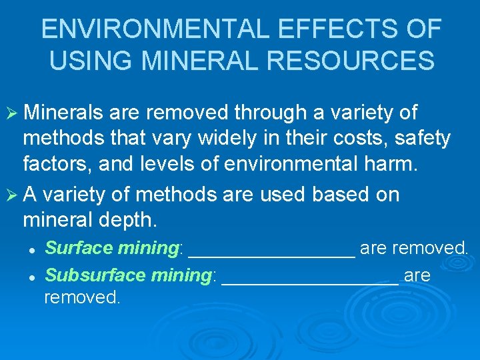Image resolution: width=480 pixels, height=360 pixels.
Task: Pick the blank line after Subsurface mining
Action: [x=309, y=281]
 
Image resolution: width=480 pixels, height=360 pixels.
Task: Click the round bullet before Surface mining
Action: [x=31, y=249]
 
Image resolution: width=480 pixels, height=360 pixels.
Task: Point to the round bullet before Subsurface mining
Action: [x=31, y=275]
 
